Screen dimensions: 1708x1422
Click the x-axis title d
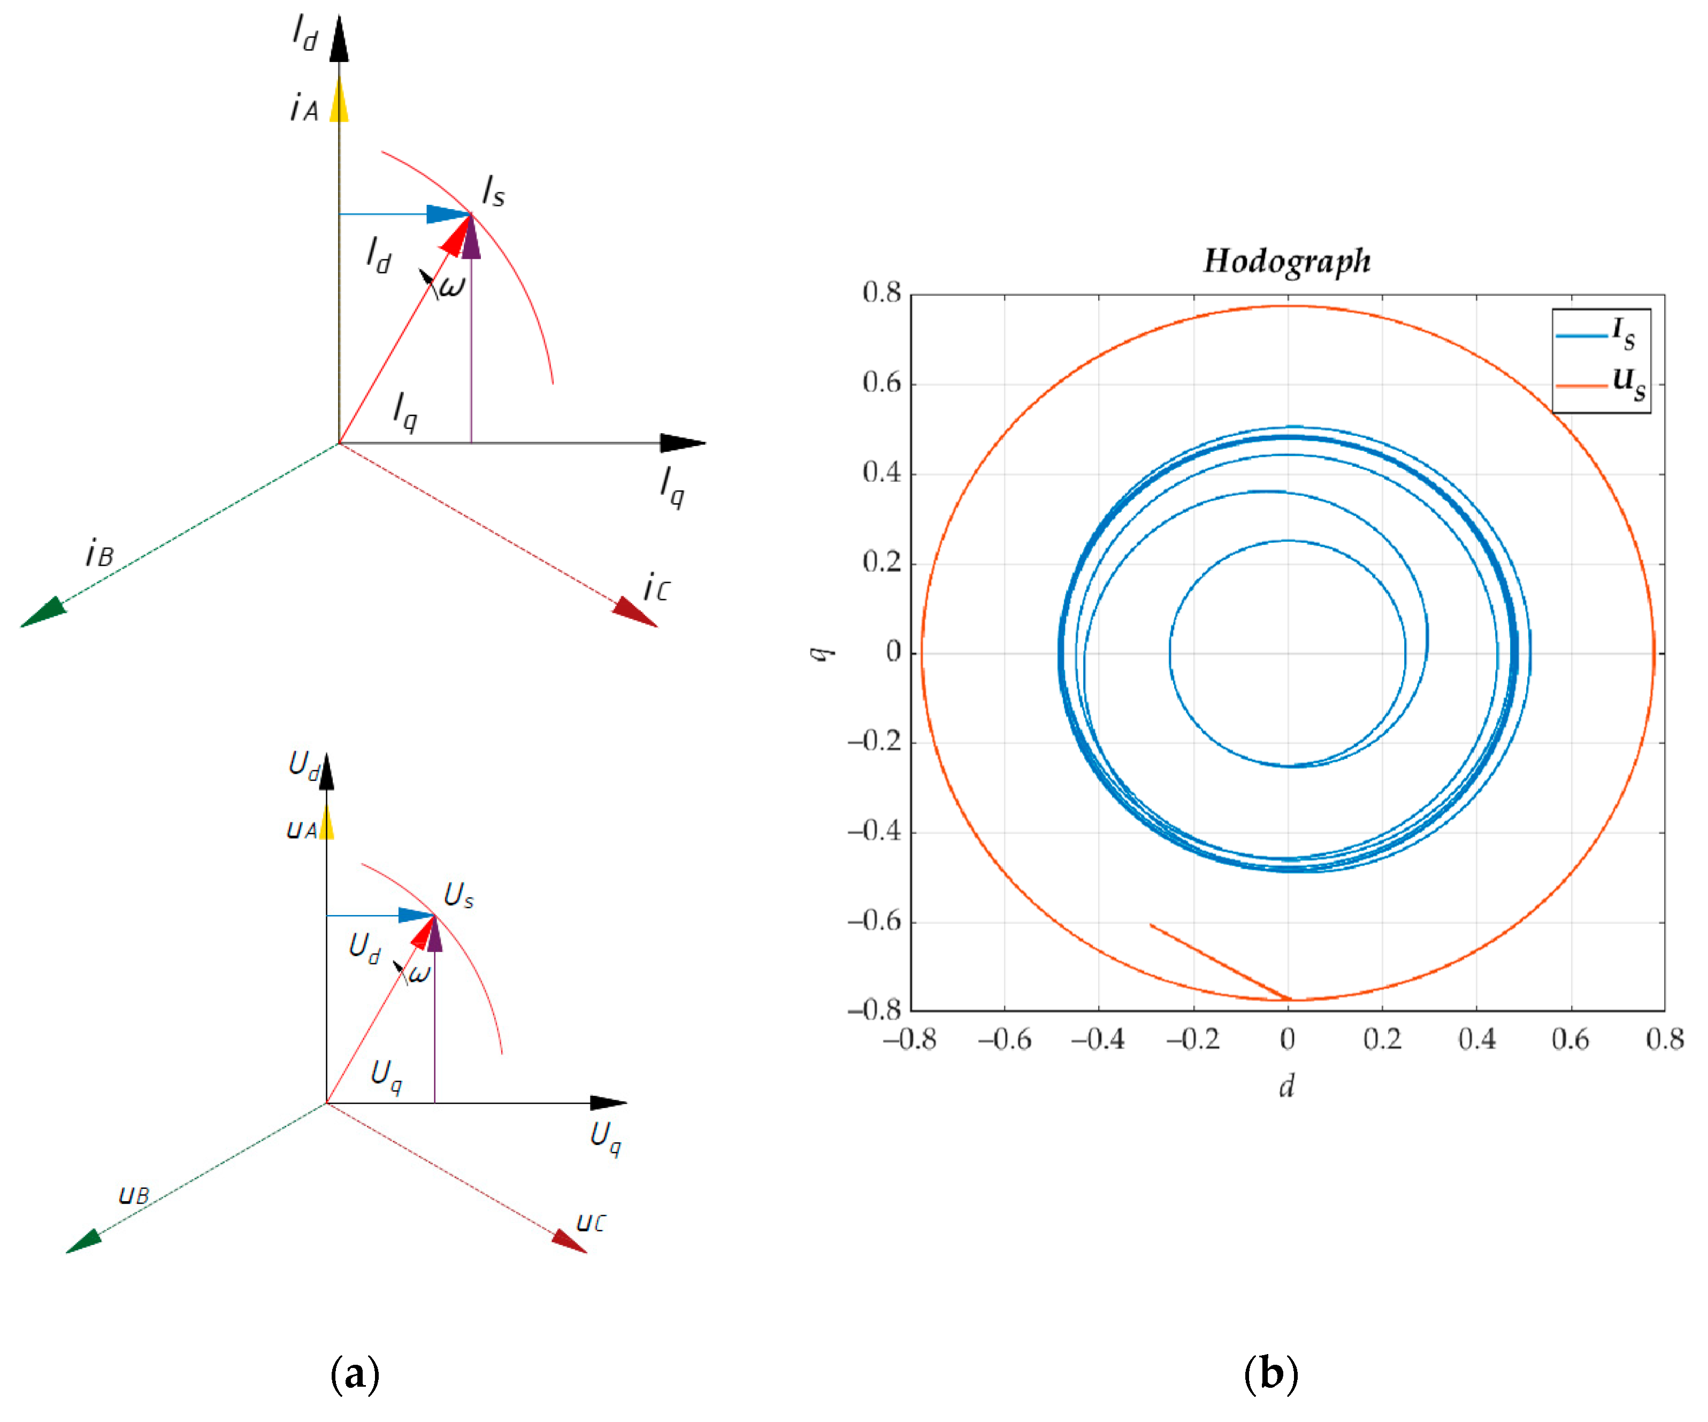(1286, 1086)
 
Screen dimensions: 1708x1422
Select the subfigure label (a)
(355, 1374)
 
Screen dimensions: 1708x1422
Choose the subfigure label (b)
(1270, 1374)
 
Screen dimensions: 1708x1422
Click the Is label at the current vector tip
(493, 192)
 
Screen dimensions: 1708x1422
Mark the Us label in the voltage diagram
(458, 895)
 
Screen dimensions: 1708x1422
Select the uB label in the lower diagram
(134, 1194)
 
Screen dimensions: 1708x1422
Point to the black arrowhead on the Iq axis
(683, 443)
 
